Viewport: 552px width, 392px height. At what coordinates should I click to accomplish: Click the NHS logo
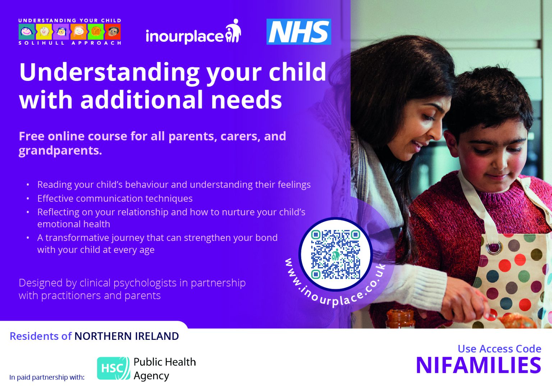(x=299, y=32)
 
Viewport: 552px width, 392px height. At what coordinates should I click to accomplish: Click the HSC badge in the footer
(x=113, y=368)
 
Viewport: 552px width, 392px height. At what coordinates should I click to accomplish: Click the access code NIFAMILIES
(x=478, y=365)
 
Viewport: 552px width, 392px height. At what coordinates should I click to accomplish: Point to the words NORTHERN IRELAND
(x=126, y=336)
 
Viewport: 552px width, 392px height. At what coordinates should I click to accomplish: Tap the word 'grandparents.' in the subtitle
(x=60, y=150)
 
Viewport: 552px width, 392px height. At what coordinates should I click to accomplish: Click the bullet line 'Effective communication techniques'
(x=115, y=199)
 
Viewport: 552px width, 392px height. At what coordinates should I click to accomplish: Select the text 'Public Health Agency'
(x=165, y=368)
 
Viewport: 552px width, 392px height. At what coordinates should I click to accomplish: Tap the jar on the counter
(x=401, y=319)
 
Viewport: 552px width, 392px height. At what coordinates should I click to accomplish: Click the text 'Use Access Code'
(x=499, y=348)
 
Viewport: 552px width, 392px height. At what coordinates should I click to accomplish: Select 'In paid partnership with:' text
(x=47, y=377)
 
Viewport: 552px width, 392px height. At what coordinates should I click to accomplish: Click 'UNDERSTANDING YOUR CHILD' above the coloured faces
(x=70, y=20)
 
